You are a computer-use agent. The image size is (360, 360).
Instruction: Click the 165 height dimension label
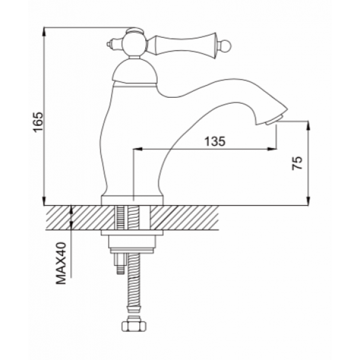(38, 122)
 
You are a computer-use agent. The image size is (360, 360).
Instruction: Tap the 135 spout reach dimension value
(215, 141)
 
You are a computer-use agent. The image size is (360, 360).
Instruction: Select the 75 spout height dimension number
(298, 163)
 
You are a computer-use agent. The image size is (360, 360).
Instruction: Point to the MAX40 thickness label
(61, 263)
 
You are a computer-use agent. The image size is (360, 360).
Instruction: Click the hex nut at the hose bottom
(134, 324)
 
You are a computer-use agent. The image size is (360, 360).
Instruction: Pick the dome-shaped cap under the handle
(135, 71)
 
